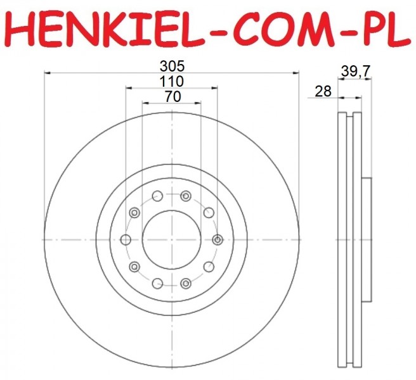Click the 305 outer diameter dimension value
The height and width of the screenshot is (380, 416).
click(x=172, y=66)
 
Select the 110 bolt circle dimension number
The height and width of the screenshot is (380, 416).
click(x=171, y=82)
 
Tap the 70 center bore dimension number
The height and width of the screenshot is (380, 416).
click(x=172, y=97)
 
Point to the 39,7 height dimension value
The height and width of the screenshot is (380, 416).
click(x=355, y=72)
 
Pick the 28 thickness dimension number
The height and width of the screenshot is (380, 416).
click(x=323, y=92)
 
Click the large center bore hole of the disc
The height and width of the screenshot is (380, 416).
click(x=172, y=240)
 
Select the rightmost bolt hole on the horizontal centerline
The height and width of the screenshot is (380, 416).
click(x=218, y=240)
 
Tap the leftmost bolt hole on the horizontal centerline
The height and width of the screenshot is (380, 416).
click(x=126, y=240)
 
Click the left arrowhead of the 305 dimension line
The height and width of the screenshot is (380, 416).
click(x=47, y=72)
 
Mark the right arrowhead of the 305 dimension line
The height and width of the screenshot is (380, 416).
click(x=296, y=72)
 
